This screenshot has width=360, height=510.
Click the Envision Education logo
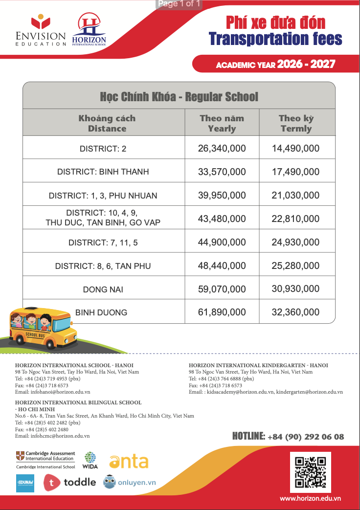coord(41,31)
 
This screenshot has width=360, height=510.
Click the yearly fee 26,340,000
coord(222,148)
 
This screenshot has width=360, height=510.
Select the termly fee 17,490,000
coord(295,172)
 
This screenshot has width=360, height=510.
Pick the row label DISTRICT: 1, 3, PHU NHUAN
coord(103,196)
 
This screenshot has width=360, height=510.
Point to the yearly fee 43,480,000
coord(222,219)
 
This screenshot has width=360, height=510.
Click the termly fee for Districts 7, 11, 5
coord(295,242)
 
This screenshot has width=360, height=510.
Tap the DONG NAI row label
coord(103,289)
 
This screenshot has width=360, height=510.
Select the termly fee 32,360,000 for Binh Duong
coord(295,312)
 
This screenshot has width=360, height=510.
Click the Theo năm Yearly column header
coord(222,124)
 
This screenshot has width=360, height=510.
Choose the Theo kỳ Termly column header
coord(296,124)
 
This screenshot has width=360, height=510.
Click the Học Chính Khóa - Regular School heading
coord(179,96)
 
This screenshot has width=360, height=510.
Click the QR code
coord(310,473)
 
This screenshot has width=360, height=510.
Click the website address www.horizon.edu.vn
coord(310,498)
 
